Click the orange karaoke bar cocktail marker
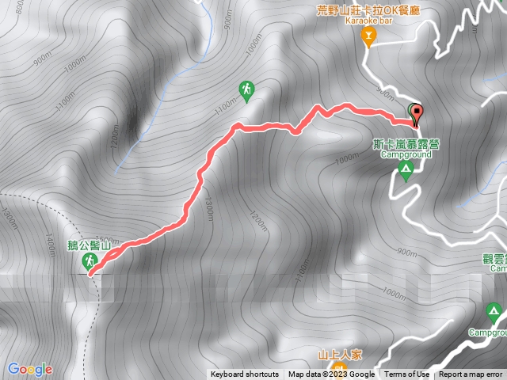point(368,36)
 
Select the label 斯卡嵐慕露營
point(407,144)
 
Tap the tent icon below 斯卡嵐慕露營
point(406,171)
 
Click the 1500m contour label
point(109,241)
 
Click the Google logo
point(30,369)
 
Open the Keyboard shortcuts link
point(245,374)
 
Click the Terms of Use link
point(407,374)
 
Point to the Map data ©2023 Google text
point(331,374)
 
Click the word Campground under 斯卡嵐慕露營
point(406,154)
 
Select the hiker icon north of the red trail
point(247,90)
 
